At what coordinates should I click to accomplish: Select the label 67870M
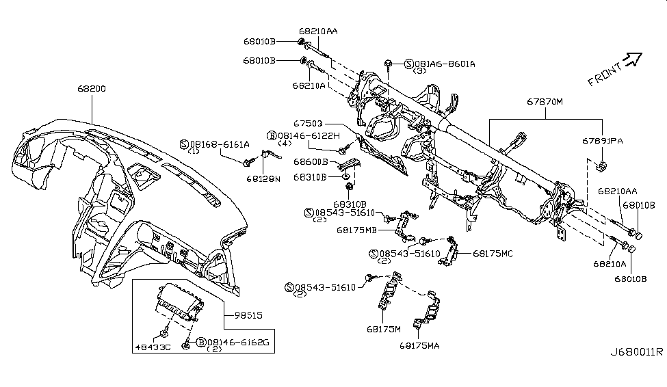[544, 102]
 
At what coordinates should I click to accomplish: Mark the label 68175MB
[356, 230]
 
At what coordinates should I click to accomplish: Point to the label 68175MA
[420, 345]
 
